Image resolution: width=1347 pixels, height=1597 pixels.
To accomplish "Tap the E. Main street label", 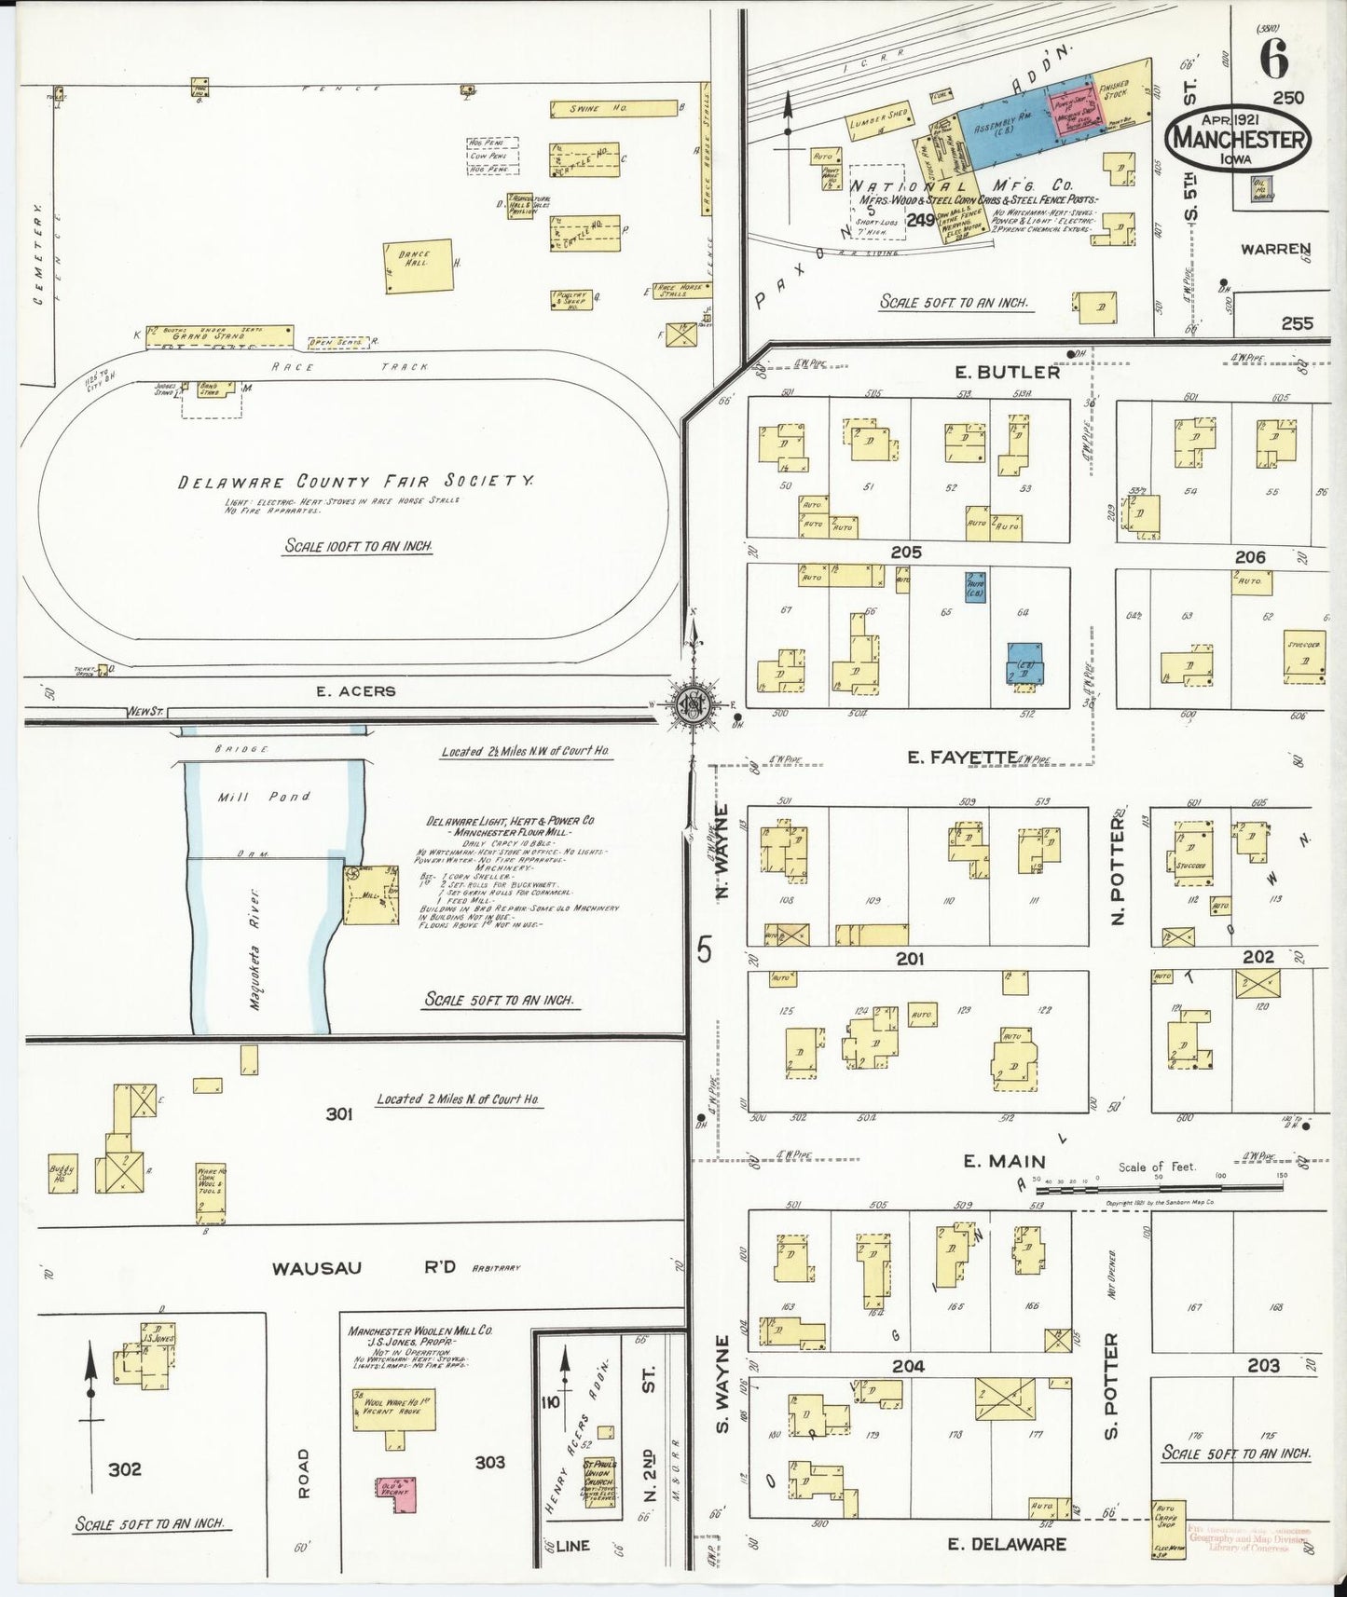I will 1004,1161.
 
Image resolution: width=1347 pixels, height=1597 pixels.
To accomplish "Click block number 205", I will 905,553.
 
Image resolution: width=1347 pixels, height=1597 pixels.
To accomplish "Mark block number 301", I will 338,1112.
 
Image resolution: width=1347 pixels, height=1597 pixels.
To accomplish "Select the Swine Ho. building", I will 612,109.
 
